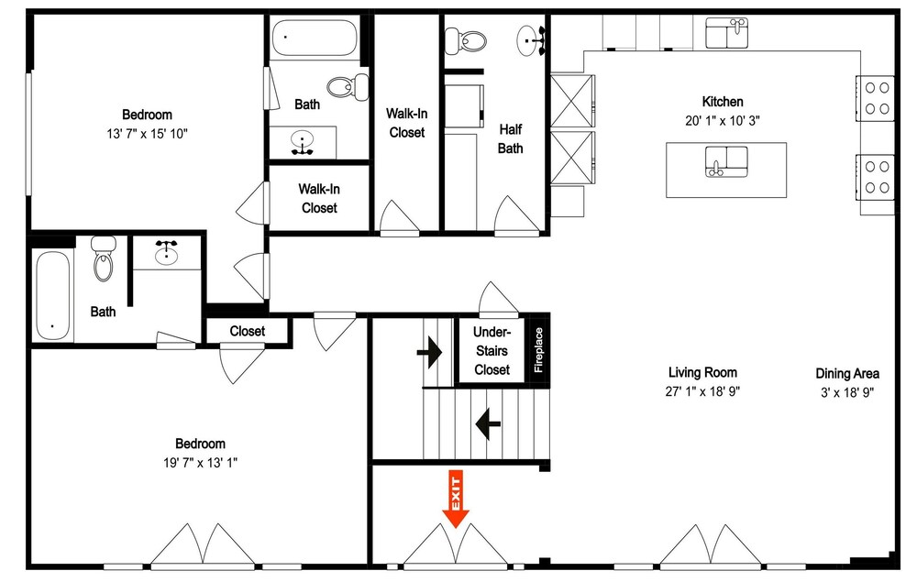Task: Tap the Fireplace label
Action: click(538, 350)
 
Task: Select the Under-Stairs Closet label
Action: click(492, 351)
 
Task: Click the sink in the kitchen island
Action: click(726, 162)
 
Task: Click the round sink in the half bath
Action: click(531, 40)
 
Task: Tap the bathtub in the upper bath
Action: click(315, 38)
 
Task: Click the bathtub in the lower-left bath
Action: click(52, 296)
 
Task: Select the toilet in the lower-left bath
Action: click(104, 258)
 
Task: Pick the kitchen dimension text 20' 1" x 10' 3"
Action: click(723, 121)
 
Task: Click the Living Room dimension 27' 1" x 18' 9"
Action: click(702, 391)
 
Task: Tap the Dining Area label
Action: click(847, 373)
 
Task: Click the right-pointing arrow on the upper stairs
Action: click(429, 352)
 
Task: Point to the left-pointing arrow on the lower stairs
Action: click(488, 423)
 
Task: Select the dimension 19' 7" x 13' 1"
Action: click(200, 463)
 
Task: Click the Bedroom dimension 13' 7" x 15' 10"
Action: click(147, 134)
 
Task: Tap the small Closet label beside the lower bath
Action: click(247, 331)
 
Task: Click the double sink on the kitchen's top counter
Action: click(727, 33)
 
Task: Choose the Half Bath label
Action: click(510, 139)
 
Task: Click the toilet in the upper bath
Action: click(348, 87)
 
